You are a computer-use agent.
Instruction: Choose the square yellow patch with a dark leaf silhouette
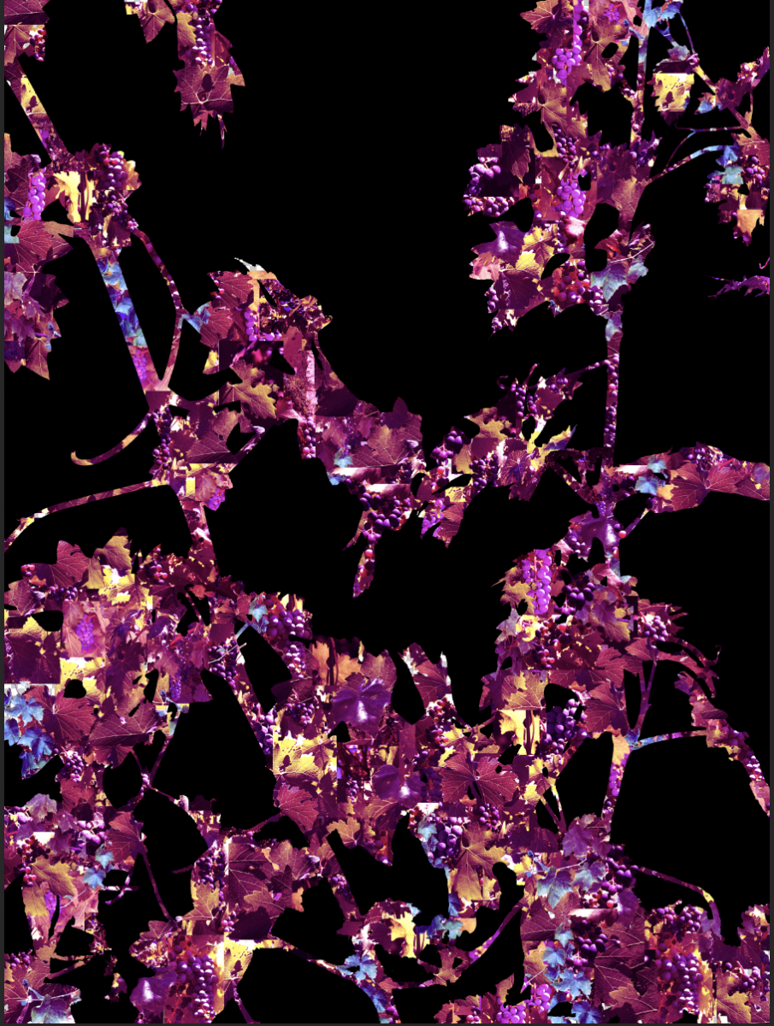pyautogui.click(x=672, y=90)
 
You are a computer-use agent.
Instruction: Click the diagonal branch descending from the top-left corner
pyautogui.click(x=34, y=111)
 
